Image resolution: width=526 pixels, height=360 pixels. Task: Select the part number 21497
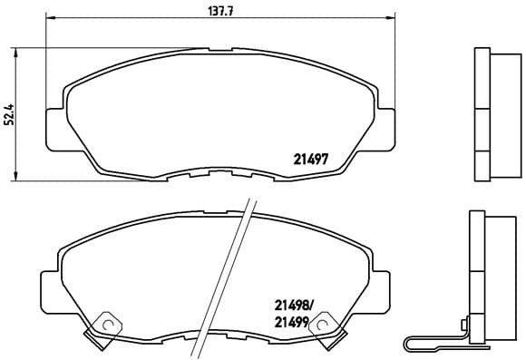(x=310, y=156)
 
